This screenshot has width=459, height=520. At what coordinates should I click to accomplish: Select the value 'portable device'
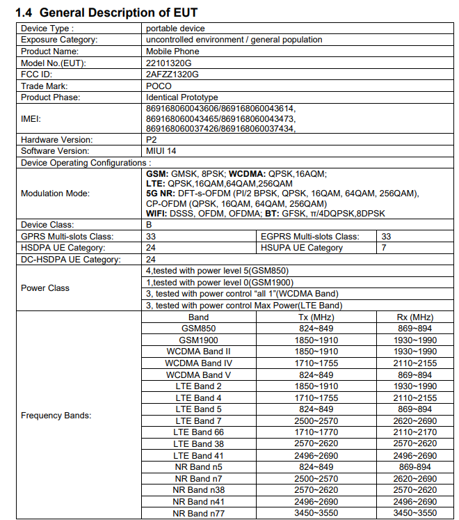pos(175,29)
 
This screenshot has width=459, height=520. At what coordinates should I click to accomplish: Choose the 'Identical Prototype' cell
pos(182,97)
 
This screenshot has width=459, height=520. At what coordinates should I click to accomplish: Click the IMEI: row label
pos(33,119)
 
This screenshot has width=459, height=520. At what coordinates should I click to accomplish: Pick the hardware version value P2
pos(152,139)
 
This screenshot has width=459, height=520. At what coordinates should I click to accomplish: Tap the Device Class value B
pos(149,226)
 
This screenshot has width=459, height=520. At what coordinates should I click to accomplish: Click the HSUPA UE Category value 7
pos(384,248)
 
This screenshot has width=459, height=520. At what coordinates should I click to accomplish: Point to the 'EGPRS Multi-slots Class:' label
pos(309,237)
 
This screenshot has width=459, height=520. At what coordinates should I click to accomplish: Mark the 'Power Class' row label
pos(45,287)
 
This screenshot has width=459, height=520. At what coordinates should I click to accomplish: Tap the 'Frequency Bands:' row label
pos(56,416)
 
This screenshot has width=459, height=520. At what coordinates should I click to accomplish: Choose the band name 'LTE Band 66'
pos(199,432)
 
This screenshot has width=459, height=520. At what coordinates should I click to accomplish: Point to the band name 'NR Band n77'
pos(199,513)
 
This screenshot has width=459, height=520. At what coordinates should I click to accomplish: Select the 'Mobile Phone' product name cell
pos(172,52)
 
